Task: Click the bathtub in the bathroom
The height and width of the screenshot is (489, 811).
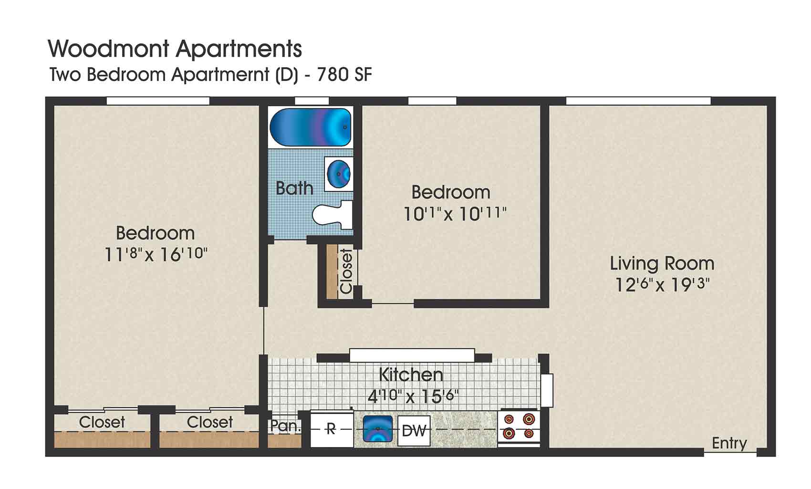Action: (310, 127)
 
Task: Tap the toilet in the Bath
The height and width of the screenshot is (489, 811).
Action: (332, 214)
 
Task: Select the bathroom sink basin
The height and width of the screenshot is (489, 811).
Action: (340, 174)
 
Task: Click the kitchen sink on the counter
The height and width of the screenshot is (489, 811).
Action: (377, 429)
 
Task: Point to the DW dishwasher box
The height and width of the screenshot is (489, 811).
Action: (414, 431)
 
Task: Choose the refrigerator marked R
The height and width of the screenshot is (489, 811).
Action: (331, 429)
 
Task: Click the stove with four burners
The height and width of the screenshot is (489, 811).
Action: (519, 426)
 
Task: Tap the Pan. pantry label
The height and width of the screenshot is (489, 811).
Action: (285, 426)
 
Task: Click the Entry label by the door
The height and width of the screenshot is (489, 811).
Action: (729, 443)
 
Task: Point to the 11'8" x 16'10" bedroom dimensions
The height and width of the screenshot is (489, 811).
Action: (156, 254)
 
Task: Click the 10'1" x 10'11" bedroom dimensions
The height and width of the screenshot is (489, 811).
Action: (455, 214)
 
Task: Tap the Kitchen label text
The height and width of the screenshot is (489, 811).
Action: (411, 375)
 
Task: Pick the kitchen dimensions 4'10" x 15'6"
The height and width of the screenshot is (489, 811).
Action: (413, 396)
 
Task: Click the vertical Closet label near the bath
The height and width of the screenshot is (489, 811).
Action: (346, 271)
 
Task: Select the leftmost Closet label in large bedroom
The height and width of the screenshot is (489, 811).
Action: (102, 422)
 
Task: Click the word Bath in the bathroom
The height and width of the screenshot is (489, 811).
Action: (294, 188)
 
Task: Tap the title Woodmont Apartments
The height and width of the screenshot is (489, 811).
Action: (175, 49)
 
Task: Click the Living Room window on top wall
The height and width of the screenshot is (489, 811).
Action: (638, 101)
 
